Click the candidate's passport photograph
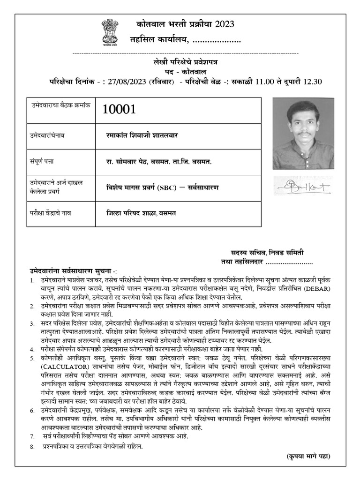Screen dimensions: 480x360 pos(303,133)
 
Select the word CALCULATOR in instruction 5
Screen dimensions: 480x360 pos(61,365)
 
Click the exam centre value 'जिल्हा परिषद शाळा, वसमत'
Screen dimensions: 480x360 pos(141,213)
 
